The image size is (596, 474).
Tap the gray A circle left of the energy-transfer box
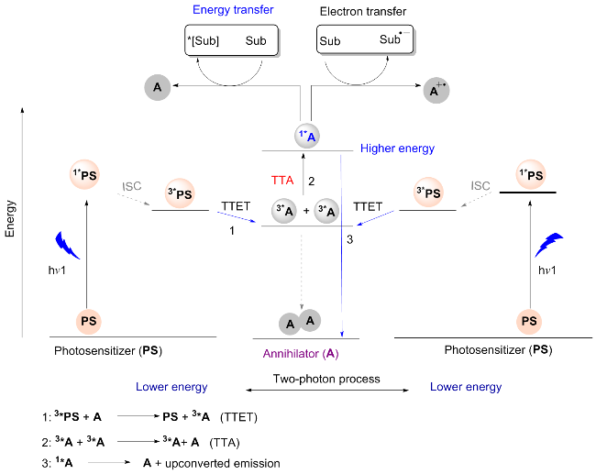157,87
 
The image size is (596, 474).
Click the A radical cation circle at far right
436,90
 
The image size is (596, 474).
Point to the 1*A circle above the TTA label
308,137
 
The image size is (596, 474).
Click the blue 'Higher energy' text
397,148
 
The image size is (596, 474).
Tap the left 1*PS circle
88,175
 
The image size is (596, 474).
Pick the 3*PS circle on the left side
180,193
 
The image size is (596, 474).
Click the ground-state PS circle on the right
527,321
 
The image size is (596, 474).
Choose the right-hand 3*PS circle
428,193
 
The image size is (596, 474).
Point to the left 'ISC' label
131,186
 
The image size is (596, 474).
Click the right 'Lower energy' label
466,387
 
